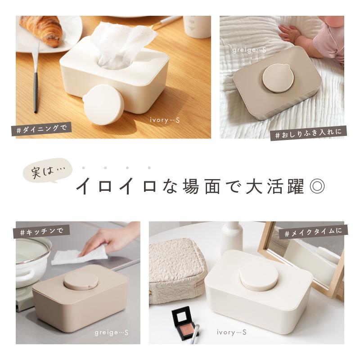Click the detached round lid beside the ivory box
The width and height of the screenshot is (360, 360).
tap(101, 101)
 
